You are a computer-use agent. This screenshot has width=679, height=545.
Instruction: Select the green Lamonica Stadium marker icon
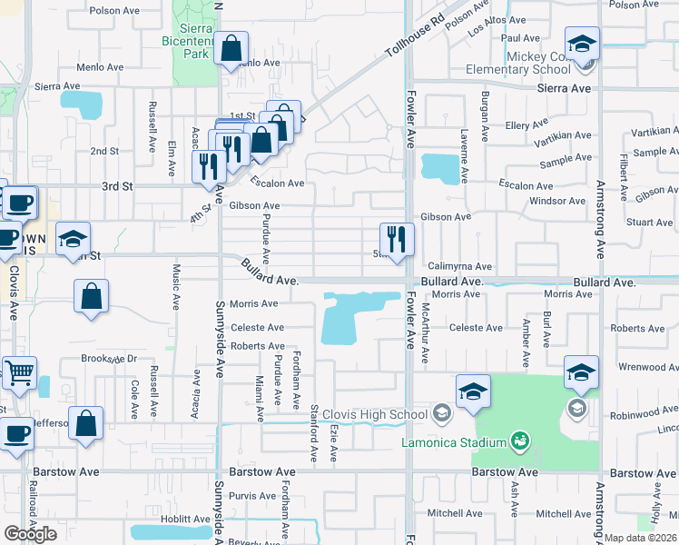point(520,441)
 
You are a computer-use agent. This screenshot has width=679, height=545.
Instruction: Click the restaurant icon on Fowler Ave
point(397,239)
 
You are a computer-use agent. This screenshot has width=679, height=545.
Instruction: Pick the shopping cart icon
point(19,372)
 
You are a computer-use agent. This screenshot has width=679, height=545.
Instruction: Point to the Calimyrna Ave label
point(454,267)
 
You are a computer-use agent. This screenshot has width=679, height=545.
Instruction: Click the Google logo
point(30,534)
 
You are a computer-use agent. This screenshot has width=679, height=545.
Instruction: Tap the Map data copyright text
point(641,538)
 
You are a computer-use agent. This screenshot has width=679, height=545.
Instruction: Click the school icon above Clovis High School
point(473,391)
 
